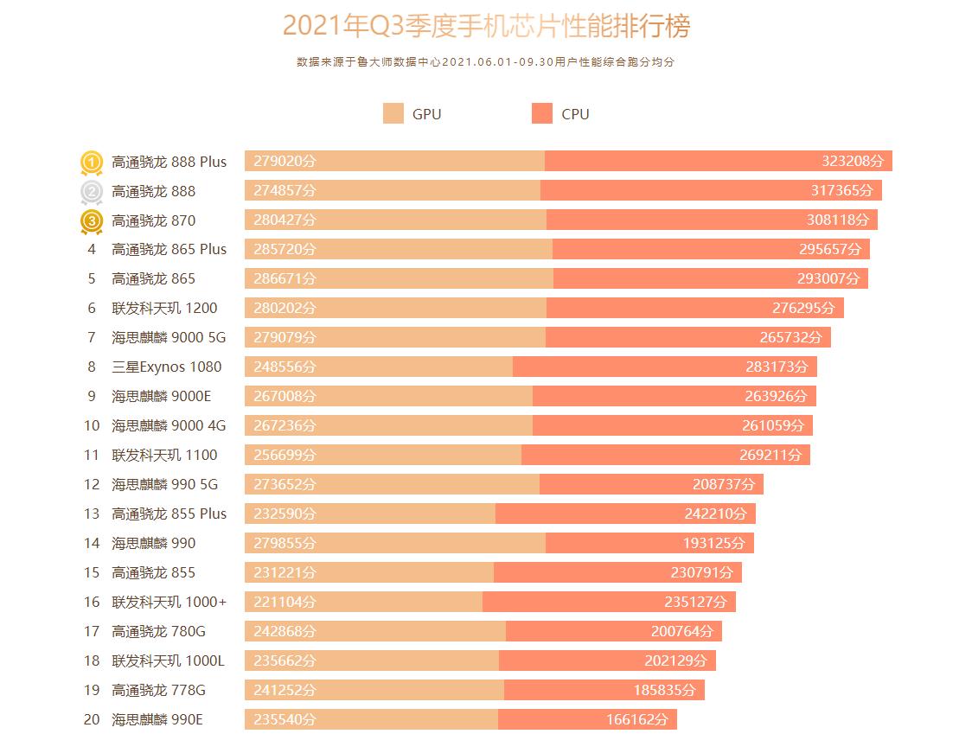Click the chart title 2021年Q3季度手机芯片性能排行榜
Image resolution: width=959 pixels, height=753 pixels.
tap(487, 27)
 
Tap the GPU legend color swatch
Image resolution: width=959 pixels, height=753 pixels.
tap(393, 113)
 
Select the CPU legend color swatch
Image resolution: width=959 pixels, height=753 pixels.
tap(542, 113)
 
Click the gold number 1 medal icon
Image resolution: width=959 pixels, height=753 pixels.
tap(92, 162)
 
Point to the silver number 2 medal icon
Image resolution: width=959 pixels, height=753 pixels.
tap(92, 191)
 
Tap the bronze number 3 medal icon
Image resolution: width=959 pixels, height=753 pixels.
tap(92, 221)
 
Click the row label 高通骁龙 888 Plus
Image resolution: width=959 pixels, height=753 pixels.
tap(169, 162)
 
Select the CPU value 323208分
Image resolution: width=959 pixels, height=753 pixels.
tap(853, 162)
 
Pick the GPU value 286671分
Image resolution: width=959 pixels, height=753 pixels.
tap(285, 278)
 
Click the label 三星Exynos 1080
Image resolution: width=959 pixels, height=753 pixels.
tap(166, 367)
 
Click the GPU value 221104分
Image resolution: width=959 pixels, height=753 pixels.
tap(285, 602)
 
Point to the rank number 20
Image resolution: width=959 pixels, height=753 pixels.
tap(92, 719)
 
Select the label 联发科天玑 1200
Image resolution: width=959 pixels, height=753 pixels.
tap(164, 308)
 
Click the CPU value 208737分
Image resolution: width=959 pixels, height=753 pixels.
tap(723, 484)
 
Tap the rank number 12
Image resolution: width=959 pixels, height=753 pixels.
tap(92, 484)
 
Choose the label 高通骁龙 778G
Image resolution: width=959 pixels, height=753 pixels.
tap(158, 690)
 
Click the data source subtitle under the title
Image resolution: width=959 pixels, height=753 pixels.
tap(484, 62)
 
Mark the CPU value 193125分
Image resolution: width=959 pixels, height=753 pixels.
tap(713, 543)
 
